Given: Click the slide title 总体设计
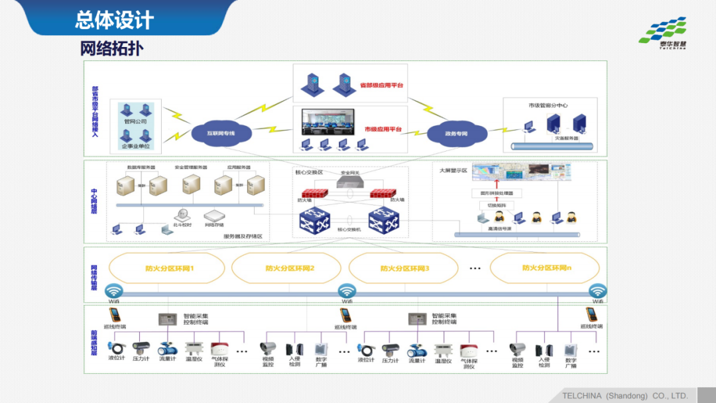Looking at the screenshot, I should tap(114, 19).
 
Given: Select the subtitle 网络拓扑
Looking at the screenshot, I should tap(111, 49).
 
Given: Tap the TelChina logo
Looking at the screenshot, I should tap(663, 33).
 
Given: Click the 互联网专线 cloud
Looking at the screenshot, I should tap(220, 133).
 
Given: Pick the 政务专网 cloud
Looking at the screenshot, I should tap(456, 133).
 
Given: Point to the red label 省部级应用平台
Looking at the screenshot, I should tap(381, 86).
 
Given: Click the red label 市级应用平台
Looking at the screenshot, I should tap(383, 129).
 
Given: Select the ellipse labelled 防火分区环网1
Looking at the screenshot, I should tap(169, 268).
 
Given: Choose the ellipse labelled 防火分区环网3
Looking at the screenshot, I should tap(404, 268).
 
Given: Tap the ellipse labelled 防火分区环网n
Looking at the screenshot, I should tap(546, 268).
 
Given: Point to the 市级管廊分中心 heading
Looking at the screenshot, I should tap(548, 105).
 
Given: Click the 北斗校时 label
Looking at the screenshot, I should tap(182, 225).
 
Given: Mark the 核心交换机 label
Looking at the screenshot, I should tap(349, 229).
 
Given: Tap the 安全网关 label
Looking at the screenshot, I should tap(349, 172).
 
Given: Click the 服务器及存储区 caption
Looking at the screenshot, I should tap(243, 236).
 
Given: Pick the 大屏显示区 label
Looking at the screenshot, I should tap(453, 170).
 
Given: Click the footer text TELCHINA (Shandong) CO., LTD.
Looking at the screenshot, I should tap(625, 396).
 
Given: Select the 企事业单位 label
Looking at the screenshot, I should tap(135, 145).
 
